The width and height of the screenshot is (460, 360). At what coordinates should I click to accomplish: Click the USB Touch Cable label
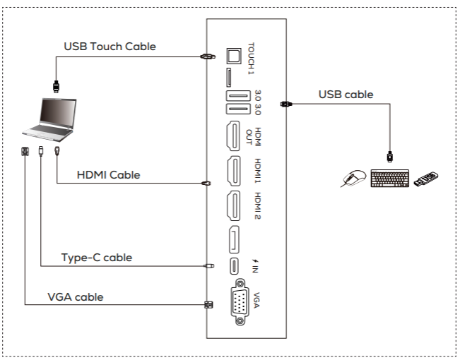(x=110, y=47)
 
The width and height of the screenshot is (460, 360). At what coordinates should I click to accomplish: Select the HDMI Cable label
(x=108, y=174)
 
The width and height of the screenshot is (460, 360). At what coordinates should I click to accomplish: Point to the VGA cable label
(x=75, y=296)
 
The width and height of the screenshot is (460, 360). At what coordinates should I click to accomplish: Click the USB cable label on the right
(x=346, y=94)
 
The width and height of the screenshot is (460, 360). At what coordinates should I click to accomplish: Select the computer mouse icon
(x=353, y=179)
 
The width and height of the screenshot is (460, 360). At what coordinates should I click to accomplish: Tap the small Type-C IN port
(x=233, y=265)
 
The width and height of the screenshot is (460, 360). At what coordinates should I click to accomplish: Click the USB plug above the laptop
(x=54, y=87)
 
